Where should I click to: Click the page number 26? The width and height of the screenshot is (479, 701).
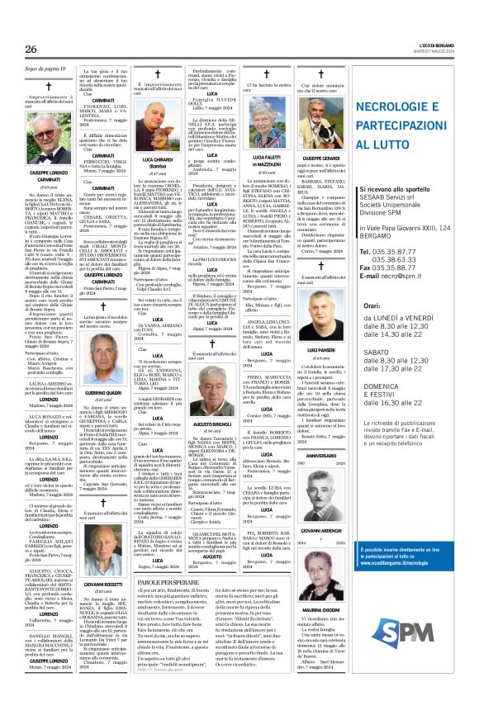[31, 50]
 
